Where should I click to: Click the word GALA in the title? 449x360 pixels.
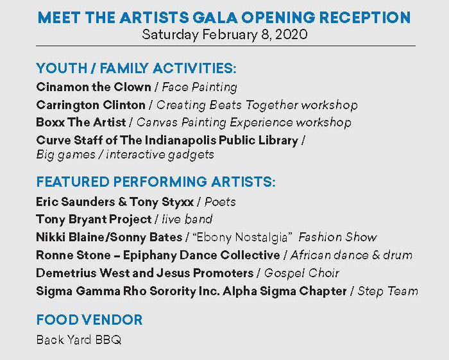point(215,17)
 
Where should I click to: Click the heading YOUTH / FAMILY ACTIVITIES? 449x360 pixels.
point(136,68)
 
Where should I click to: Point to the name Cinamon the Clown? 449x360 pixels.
point(94,87)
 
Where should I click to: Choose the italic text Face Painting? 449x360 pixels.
point(199,87)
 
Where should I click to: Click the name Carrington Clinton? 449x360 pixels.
point(91,105)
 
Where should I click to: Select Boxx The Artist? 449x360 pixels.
point(81,123)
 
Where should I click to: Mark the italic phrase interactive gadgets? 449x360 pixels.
point(160,155)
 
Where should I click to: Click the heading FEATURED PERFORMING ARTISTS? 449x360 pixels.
point(156,182)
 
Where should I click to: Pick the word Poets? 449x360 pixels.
point(220,202)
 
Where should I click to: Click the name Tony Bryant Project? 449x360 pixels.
point(94,219)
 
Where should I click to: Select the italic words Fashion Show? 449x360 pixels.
point(337,237)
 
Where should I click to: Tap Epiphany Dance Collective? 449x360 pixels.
point(201,255)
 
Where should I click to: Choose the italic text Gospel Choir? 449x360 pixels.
point(301,273)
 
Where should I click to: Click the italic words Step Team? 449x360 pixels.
point(387,291)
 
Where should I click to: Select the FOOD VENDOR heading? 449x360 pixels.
point(89,320)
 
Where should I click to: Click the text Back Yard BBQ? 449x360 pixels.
point(79,340)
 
